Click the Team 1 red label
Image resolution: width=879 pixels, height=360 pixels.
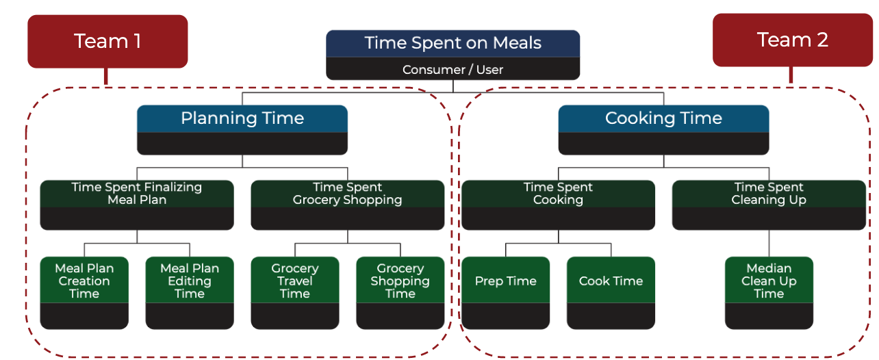pyautogui.click(x=107, y=42)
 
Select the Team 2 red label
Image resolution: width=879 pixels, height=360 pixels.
pyautogui.click(x=792, y=40)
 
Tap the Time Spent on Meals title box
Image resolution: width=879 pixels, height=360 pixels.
pyautogui.click(x=453, y=43)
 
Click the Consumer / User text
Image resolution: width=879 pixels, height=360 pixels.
pyautogui.click(x=453, y=69)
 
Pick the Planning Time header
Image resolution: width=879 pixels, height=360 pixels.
pyautogui.click(x=242, y=118)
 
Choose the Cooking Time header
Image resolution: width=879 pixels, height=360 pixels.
pyautogui.click(x=663, y=118)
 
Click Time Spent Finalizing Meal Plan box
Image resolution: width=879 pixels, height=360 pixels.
pyautogui.click(x=137, y=194)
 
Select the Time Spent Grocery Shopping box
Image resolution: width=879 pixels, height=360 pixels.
pyautogui.click(x=348, y=194)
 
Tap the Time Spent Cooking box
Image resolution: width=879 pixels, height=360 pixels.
pyautogui.click(x=558, y=194)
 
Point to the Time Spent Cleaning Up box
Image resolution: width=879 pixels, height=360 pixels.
pyautogui.click(x=769, y=194)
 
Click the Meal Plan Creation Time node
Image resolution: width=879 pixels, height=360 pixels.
pyautogui.click(x=84, y=281)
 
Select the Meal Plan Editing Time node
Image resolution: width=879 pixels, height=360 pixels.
pyautogui.click(x=190, y=281)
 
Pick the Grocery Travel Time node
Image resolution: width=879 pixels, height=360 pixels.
pyautogui.click(x=295, y=281)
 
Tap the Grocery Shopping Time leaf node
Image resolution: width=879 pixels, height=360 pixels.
pyautogui.click(x=400, y=281)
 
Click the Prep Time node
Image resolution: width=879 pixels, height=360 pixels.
pyautogui.click(x=506, y=281)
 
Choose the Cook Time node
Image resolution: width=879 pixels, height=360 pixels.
pyautogui.click(x=611, y=281)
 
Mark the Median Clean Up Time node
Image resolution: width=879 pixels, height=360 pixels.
pyautogui.click(x=769, y=281)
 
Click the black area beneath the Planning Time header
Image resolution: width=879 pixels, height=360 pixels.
pyautogui.click(x=242, y=143)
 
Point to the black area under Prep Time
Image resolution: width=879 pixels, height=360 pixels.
pyautogui.click(x=506, y=316)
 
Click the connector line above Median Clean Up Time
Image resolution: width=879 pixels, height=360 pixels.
pyautogui.click(x=769, y=243)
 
